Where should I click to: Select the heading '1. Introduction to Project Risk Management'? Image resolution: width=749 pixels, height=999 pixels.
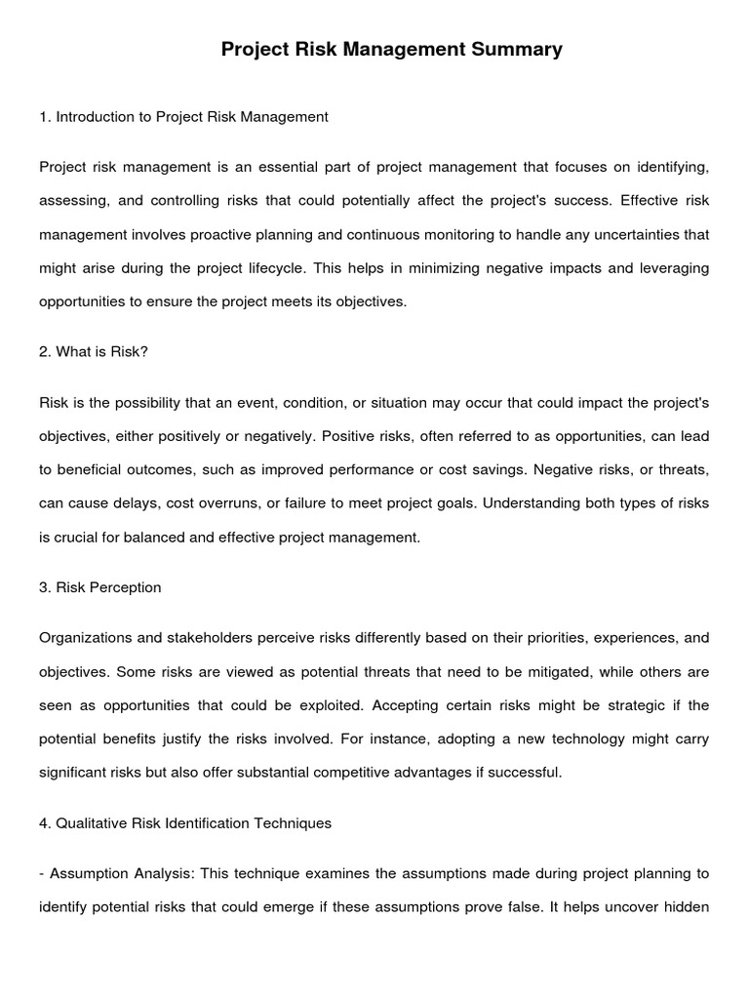(183, 117)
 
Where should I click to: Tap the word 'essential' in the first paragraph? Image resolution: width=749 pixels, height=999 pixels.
(286, 168)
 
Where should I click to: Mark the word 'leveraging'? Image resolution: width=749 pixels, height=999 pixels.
(674, 268)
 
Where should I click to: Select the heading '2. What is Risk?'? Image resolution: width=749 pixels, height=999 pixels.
(94, 351)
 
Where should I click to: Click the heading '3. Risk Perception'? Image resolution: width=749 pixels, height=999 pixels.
(100, 587)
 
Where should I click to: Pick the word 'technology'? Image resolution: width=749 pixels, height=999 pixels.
(571, 739)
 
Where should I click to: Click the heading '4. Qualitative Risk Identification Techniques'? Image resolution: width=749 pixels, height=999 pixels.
(185, 823)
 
